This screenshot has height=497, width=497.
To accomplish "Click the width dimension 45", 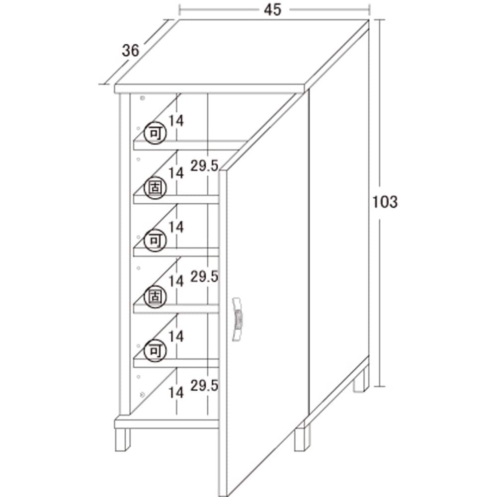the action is pos(272,9).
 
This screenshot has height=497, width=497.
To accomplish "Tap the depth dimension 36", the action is pos(131,50).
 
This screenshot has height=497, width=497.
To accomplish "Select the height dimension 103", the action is pos(385,202).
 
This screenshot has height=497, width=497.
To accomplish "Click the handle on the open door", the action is pos(237,319).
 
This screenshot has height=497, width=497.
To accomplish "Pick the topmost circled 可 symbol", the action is pos(155,133).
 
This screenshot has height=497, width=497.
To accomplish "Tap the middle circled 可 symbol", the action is pos(155,241).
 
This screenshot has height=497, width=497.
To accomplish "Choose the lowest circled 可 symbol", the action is pos(155,351).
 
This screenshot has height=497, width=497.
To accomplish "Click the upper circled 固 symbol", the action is pos(155,188).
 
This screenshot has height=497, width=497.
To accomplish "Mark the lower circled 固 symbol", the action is pos(155,297).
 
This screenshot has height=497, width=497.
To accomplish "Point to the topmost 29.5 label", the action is pos(204,166).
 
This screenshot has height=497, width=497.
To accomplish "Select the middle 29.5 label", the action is pos(204,277).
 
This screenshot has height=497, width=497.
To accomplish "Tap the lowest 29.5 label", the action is pos(204,386).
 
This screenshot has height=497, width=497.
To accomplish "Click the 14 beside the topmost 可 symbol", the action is pos(176,121).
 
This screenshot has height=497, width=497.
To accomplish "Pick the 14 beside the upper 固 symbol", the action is pos(176,173).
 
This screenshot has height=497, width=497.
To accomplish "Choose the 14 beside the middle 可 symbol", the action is pos(176,227).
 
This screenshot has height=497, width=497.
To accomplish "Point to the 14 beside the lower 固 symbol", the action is pos(176,281).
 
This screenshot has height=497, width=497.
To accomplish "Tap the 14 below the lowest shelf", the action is pos(176,393).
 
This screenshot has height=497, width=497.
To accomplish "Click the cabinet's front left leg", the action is pos(122,440).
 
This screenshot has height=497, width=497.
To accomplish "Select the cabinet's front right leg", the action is pos(302,439).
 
